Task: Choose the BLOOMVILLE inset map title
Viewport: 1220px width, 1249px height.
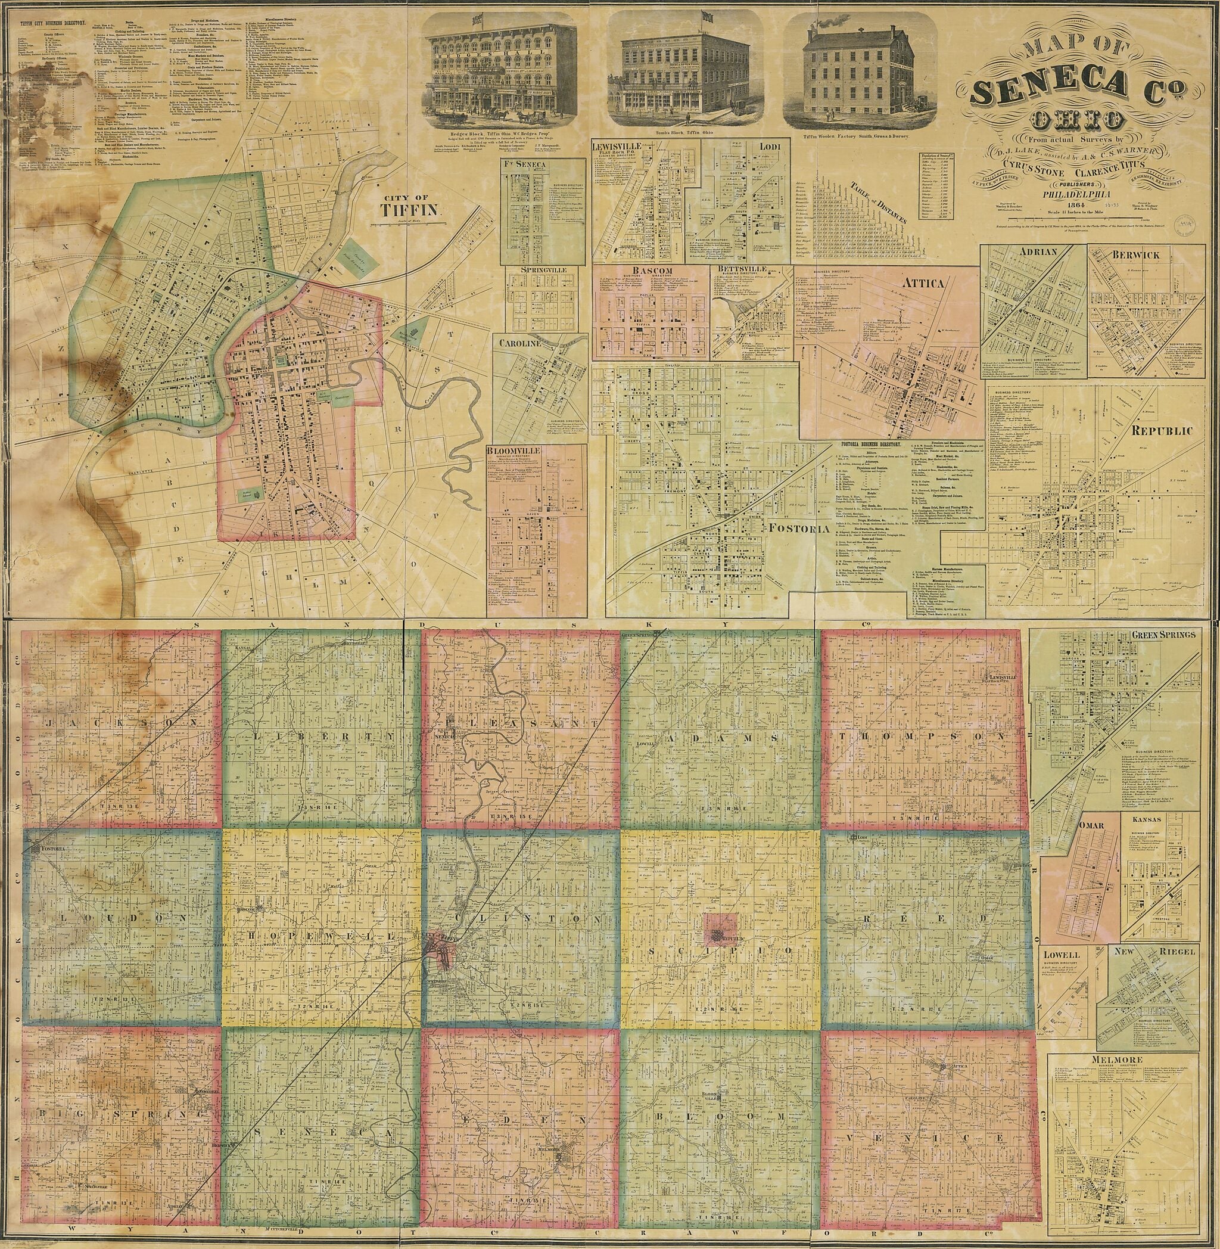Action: tap(514, 450)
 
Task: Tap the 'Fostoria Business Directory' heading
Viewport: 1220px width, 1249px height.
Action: tap(869, 444)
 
